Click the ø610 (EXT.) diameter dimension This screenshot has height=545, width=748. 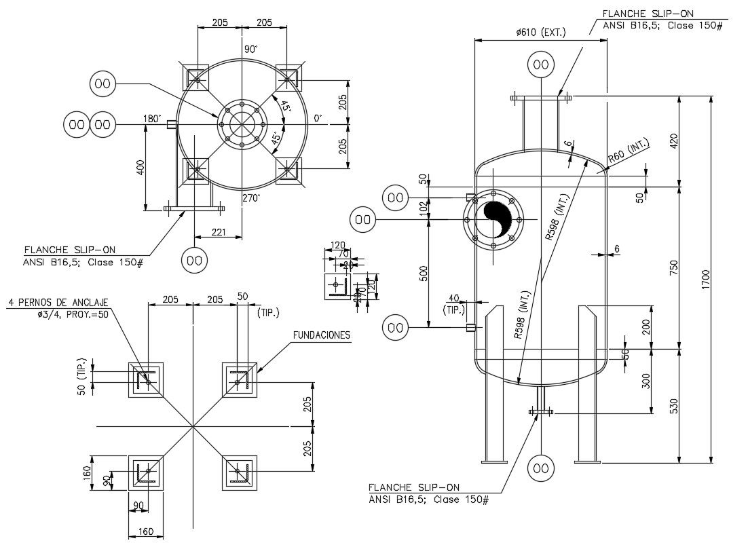540,32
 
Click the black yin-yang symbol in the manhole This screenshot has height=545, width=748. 499,219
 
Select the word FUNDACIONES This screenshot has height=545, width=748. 321,335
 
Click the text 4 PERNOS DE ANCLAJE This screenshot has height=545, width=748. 58,302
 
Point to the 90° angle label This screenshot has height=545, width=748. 251,50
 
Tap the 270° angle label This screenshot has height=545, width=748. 252,198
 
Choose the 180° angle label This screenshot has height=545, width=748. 151,119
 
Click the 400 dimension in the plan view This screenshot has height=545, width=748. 141,166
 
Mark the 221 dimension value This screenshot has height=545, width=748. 218,233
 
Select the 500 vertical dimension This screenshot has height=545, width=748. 424,274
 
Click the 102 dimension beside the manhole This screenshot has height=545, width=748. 424,208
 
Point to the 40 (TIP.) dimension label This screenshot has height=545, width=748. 453,303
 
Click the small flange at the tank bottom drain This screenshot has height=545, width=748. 540,411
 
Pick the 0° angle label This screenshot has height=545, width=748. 318,119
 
